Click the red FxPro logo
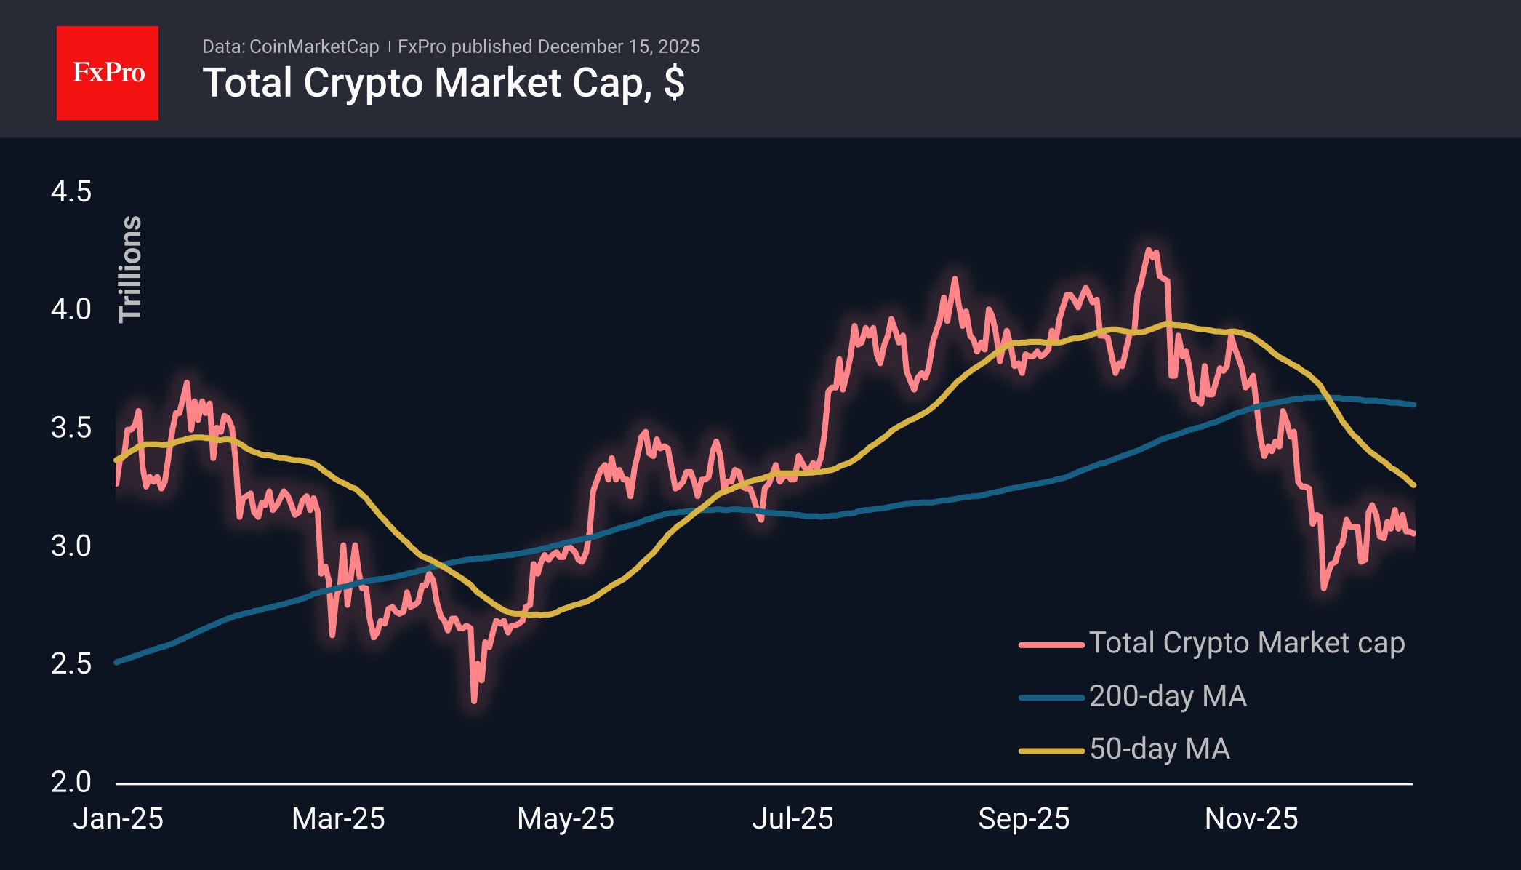[x=108, y=73]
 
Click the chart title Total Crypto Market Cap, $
[x=444, y=83]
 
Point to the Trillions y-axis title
[x=131, y=268]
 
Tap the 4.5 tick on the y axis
[x=71, y=192]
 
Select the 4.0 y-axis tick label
[x=71, y=310]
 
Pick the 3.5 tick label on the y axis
[x=71, y=428]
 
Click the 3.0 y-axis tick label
[x=71, y=546]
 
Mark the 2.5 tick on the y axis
[x=71, y=663]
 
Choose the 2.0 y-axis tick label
[x=71, y=782]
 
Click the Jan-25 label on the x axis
[x=119, y=819]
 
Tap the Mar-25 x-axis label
[x=338, y=819]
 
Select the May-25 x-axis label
[x=566, y=819]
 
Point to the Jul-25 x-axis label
[x=792, y=819]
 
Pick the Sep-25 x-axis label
[x=1024, y=819]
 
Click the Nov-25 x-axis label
[x=1251, y=819]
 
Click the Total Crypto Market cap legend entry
[x=1212, y=643]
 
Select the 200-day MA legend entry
[x=1133, y=696]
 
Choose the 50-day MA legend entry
[x=1124, y=749]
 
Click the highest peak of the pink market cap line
[x=1149, y=250]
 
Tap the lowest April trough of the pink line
[x=474, y=701]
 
